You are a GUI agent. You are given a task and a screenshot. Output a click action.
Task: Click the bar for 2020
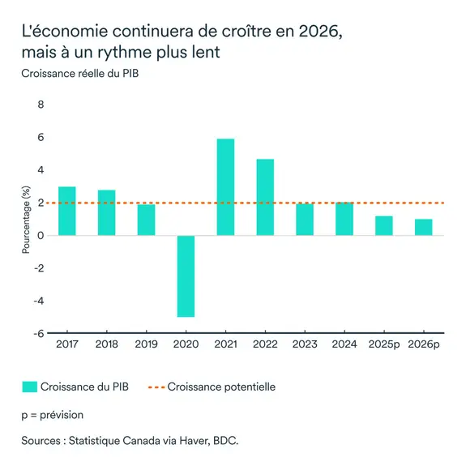click(186, 276)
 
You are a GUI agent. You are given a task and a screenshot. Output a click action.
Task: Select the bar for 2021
click(225, 187)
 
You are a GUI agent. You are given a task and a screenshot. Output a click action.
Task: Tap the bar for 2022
click(265, 197)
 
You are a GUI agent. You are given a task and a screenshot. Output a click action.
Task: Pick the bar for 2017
click(66, 211)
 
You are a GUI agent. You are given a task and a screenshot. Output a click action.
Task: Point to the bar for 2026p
click(424, 227)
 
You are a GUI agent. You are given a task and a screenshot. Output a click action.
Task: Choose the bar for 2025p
click(384, 225)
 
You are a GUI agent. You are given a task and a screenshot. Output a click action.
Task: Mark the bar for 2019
click(146, 220)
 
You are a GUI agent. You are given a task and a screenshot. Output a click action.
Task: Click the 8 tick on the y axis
click(41, 105)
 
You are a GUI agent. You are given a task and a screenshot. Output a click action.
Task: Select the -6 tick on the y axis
click(38, 333)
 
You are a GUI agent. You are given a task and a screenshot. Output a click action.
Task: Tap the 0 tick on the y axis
click(41, 236)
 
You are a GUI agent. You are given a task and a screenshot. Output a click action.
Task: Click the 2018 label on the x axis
click(106, 345)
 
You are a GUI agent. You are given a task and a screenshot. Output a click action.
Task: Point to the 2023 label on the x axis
click(305, 345)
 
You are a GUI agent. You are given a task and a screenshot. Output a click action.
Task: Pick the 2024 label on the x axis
click(344, 345)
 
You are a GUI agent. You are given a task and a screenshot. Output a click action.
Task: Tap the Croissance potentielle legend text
click(221, 387)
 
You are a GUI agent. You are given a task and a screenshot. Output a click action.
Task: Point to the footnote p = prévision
click(52, 414)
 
